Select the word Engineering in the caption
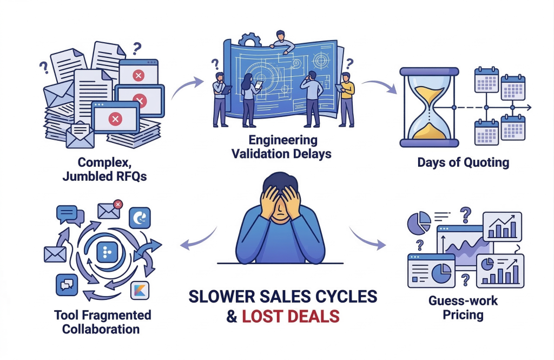point(283,140)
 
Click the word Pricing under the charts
point(463,315)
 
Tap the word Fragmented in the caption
point(120,315)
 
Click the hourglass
point(429,108)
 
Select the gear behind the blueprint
point(250,40)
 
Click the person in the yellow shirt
point(347,100)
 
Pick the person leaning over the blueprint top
point(281,42)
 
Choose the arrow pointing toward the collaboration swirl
point(198,240)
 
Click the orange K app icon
point(140,290)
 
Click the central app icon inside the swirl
point(107,252)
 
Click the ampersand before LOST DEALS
point(232,316)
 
